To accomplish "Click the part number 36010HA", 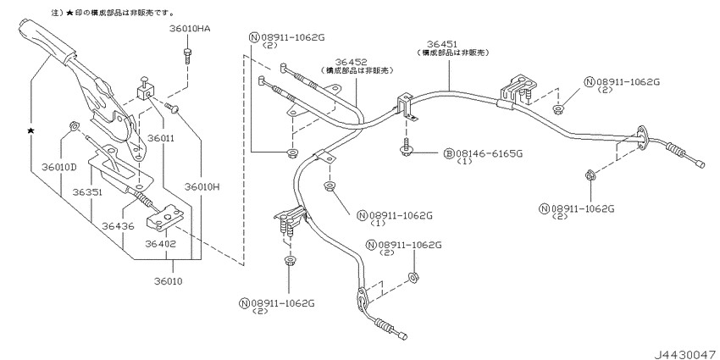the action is pyautogui.click(x=190, y=29).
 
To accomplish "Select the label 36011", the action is pyautogui.click(x=158, y=138).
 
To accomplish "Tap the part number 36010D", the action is pyautogui.click(x=58, y=166).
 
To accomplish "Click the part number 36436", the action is pyautogui.click(x=118, y=225).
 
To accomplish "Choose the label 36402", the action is pyautogui.click(x=161, y=244).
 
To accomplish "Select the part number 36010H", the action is pyautogui.click(x=202, y=187).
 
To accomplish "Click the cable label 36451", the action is pyautogui.click(x=442, y=44).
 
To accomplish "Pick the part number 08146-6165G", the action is pyautogui.click(x=489, y=153).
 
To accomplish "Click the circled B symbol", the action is pyautogui.click(x=449, y=153).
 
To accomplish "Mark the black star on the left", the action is pyautogui.click(x=30, y=130).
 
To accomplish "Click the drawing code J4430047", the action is pyautogui.click(x=685, y=354).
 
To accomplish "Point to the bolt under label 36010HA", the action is pyautogui.click(x=187, y=57).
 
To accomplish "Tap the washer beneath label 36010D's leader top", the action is pyautogui.click(x=73, y=126).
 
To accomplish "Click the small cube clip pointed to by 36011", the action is pyautogui.click(x=145, y=93).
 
